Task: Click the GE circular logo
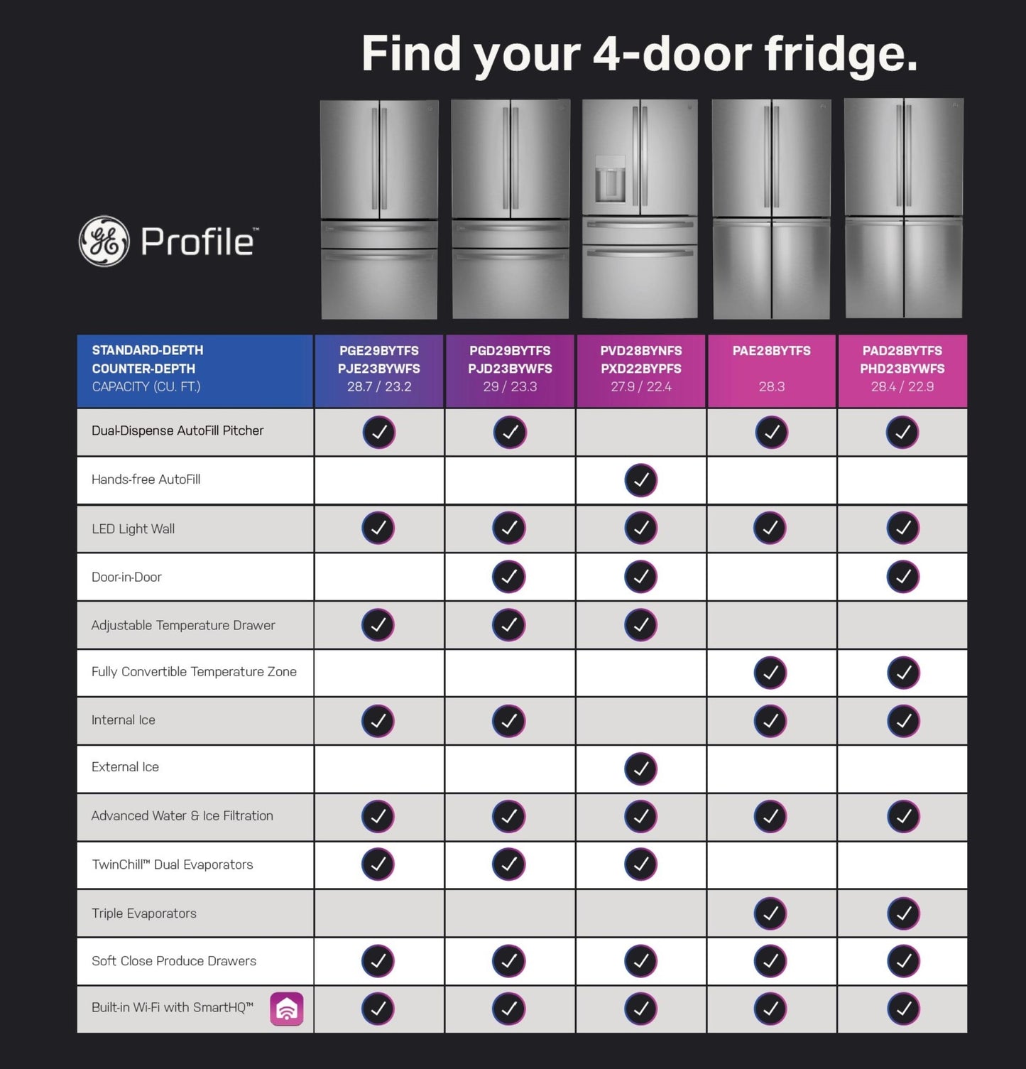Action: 104,242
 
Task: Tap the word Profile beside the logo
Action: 198,242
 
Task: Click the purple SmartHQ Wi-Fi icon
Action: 287,1009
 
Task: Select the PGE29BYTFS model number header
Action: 379,351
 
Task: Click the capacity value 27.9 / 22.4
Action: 641,387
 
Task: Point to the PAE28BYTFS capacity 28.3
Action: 772,387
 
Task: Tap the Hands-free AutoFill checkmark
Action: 641,480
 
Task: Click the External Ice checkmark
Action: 641,769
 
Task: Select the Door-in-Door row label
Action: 126,577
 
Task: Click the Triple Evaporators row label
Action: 144,913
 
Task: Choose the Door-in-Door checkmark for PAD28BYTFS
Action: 903,577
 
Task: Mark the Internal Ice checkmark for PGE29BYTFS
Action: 378,721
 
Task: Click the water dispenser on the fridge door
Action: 609,179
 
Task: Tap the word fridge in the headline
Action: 841,54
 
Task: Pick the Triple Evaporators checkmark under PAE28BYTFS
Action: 771,913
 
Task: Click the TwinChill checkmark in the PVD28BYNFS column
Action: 641,864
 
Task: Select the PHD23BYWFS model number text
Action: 902,369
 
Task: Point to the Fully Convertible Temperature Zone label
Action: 194,672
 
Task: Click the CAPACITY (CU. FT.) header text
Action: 146,387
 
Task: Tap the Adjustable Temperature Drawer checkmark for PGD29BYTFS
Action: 509,625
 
